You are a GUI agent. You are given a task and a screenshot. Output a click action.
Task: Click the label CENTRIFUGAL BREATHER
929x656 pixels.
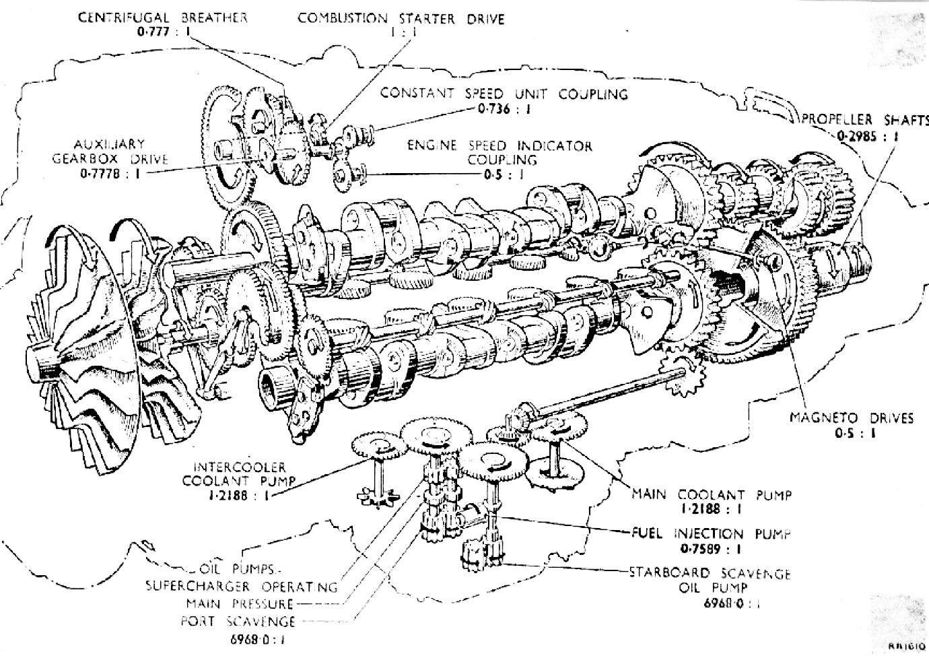coord(163,18)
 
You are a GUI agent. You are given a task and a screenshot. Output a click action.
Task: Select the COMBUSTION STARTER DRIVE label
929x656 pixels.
coord(401,19)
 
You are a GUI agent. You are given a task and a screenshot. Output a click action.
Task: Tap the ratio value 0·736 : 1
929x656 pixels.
coord(504,110)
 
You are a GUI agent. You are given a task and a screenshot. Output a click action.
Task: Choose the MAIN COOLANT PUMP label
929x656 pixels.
coord(711,494)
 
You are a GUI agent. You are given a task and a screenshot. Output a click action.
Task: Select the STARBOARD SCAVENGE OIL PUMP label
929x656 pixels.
coord(710,580)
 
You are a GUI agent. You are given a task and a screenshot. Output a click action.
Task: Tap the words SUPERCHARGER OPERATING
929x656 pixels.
coord(242,587)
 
